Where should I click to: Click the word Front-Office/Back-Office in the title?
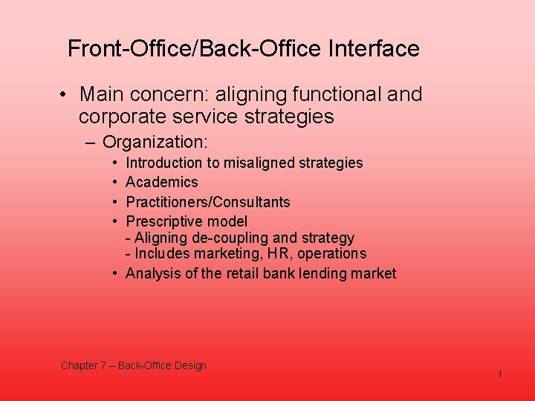tap(193, 49)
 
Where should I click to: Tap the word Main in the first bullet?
tap(101, 95)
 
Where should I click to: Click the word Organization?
tap(155, 142)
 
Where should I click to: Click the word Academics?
tap(162, 182)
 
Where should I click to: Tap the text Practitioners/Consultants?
tap(208, 202)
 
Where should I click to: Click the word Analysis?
tap(151, 273)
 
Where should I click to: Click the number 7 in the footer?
tap(103, 365)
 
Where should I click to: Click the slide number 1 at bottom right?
tap(500, 375)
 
